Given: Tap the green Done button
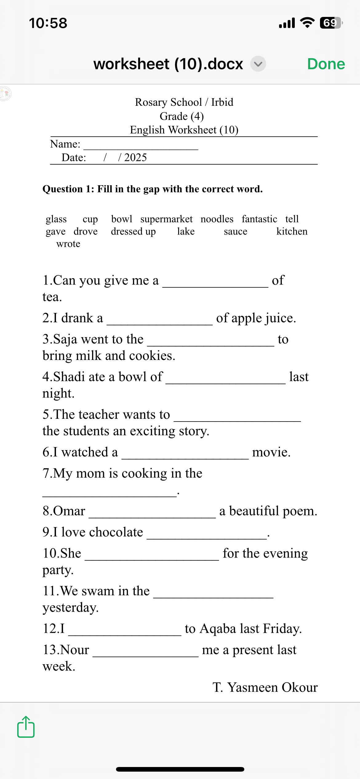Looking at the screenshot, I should pos(326,64).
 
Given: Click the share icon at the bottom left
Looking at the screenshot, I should pos(26,727).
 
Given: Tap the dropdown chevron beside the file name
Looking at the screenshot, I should pos(258,64).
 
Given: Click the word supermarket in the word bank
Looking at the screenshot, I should pos(166,219).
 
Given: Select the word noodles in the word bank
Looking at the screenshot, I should pos(217,219).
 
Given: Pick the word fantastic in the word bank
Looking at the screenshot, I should pos(259,219).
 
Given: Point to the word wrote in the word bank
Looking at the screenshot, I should pos(68,244).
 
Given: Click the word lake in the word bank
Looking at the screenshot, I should pos(186,231).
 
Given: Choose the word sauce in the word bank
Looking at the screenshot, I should pos(235,231).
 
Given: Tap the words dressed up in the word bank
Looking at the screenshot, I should pos(133,231).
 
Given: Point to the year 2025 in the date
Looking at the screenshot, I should pos(135,158).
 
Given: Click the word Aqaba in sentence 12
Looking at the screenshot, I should pos(218,629).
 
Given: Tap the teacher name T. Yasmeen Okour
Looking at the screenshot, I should pos(265,687).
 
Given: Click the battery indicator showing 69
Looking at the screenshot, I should pos(331,23).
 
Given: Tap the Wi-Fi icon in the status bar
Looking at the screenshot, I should pos(307,23).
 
